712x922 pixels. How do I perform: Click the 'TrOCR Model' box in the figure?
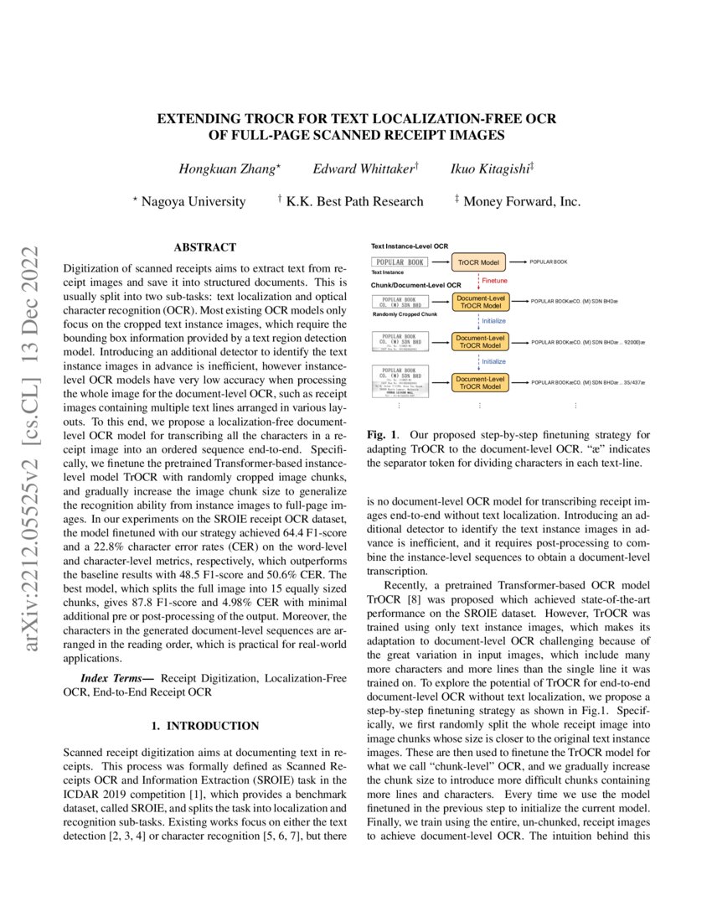point(479,262)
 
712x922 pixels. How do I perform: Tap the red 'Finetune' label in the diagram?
point(493,280)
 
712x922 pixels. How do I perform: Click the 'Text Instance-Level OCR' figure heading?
point(410,246)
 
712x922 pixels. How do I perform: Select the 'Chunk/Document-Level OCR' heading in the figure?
point(415,286)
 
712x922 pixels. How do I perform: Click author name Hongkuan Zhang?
point(230,169)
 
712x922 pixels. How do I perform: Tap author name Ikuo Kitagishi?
point(492,169)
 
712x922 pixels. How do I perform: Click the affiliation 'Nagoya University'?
point(193,201)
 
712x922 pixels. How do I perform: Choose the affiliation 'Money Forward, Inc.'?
point(521,201)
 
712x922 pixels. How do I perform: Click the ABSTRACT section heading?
point(204,247)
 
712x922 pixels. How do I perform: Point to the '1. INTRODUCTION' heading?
point(204,726)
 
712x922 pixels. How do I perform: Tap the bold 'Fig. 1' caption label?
point(383,436)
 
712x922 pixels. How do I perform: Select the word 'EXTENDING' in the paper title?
point(197,118)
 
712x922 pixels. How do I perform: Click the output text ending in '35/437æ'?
point(588,382)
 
